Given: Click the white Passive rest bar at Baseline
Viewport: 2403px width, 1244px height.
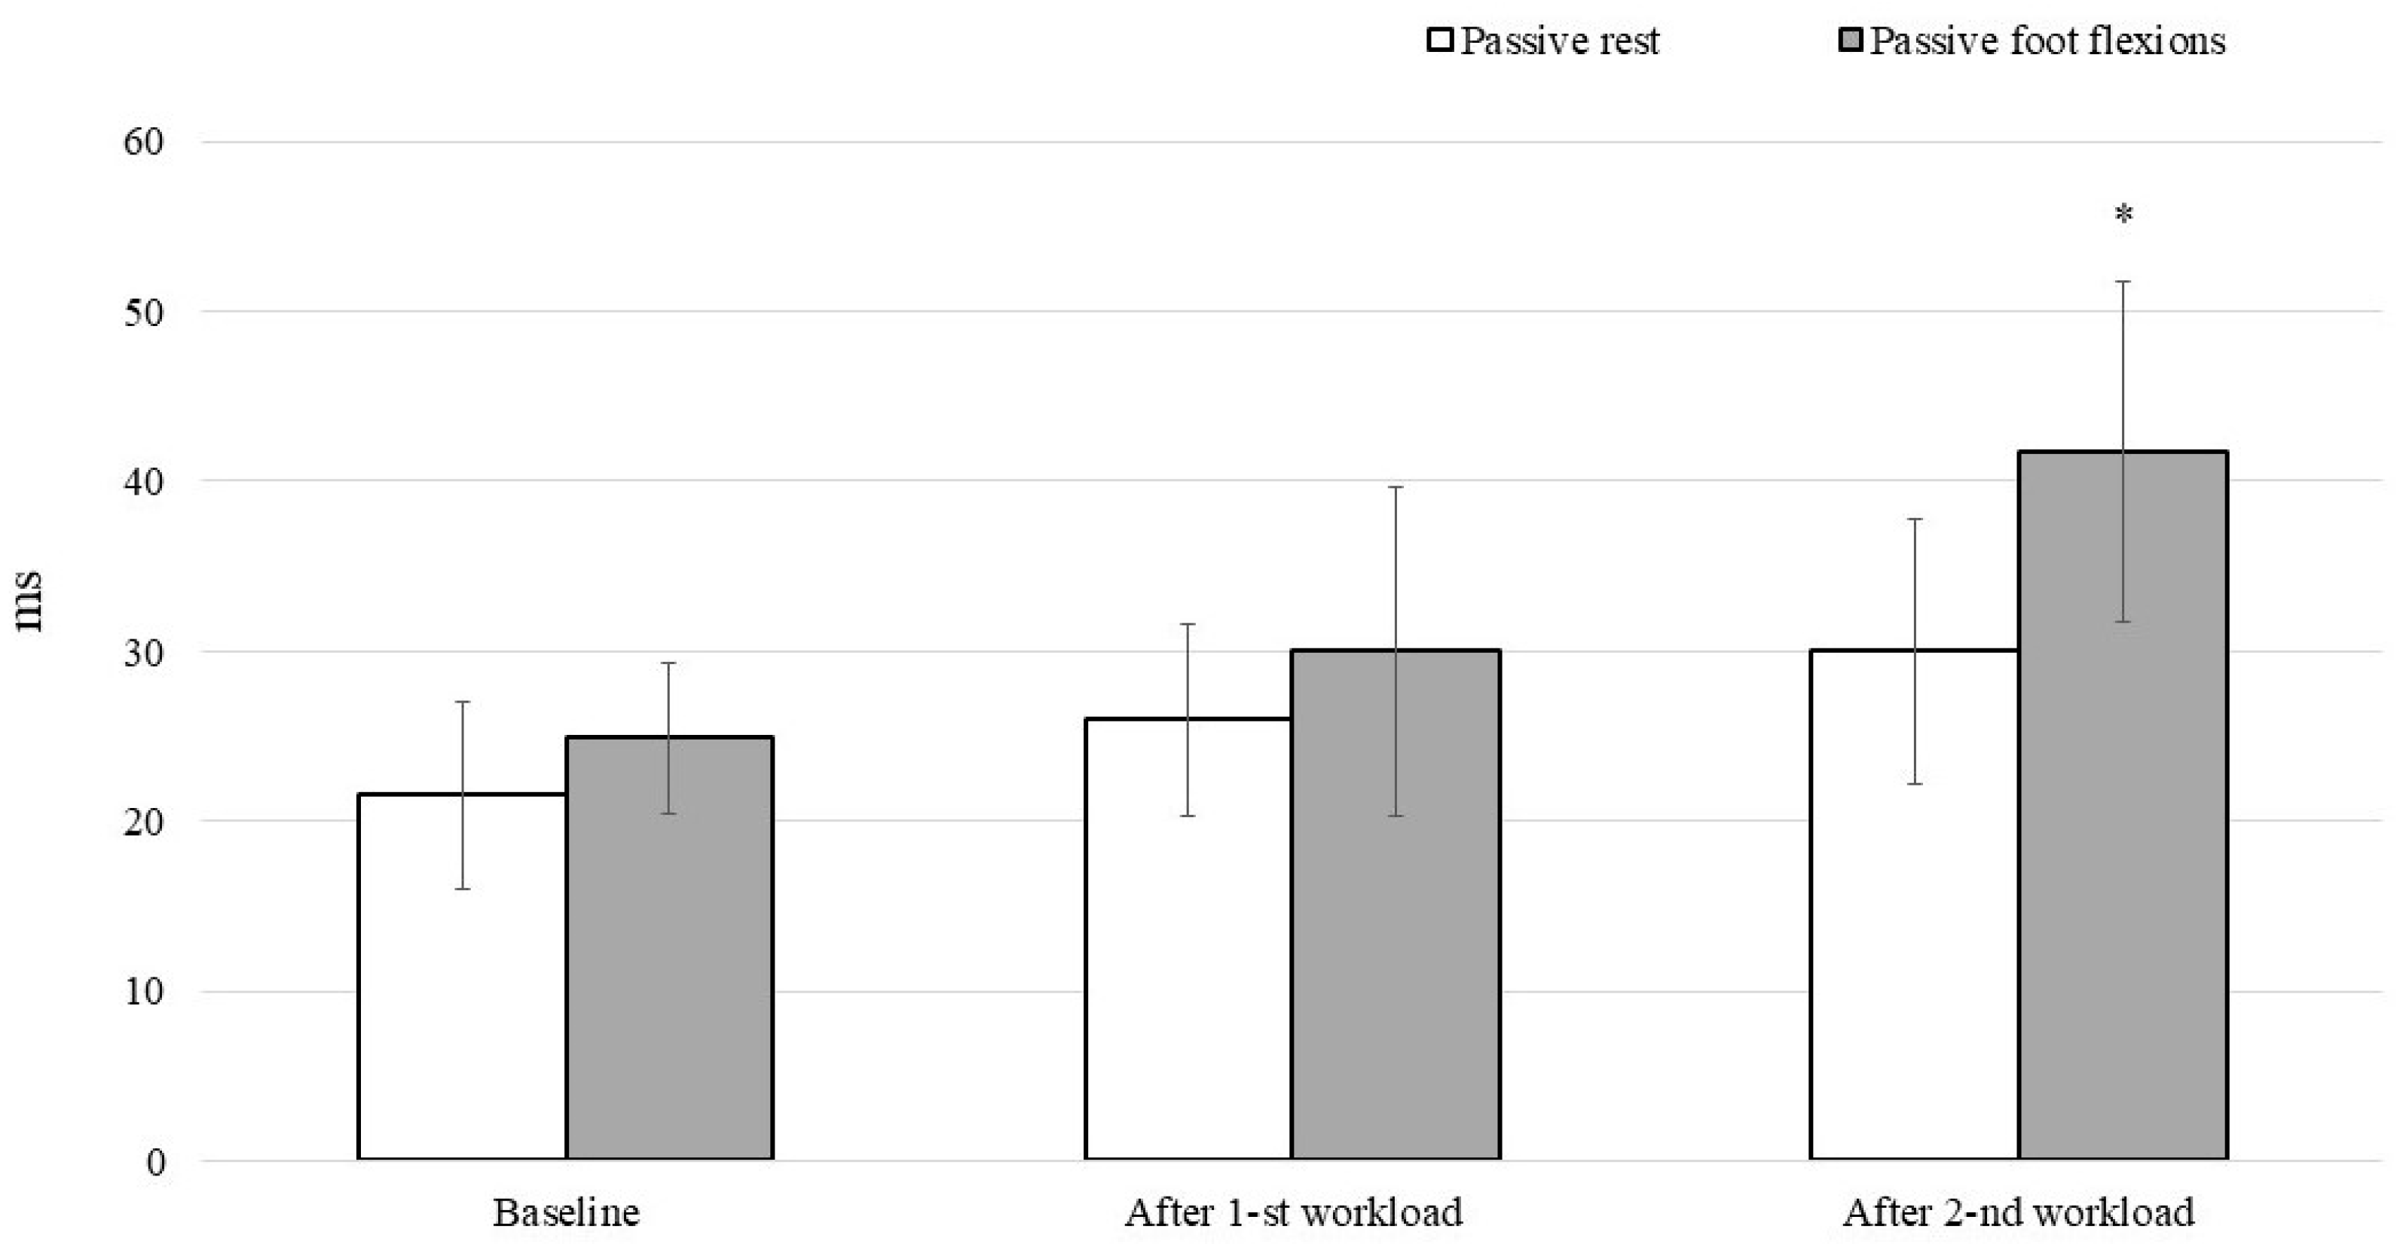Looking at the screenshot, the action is pos(462,977).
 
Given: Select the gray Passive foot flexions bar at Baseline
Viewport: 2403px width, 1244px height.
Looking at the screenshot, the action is pos(670,948).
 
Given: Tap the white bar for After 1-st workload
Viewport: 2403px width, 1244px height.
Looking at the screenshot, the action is pos(1188,939).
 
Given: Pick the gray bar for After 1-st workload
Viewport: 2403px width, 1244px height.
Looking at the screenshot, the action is pos(1396,904).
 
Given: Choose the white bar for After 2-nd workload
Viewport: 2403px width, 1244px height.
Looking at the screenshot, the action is pos(1914,904).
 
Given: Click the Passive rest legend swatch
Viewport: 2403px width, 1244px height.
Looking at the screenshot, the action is pos(1440,41).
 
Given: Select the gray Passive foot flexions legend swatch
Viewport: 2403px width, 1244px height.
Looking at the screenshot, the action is pos(1851,41).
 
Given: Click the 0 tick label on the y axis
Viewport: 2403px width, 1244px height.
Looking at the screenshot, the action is pos(155,1162).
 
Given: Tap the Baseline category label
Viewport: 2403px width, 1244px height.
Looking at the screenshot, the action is pos(566,1212).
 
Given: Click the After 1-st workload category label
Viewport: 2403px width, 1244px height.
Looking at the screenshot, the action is pos(1293,1212).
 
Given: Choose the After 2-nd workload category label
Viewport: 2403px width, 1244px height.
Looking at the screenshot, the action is pos(2019,1212).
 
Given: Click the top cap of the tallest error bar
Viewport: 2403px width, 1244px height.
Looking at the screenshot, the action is pos(2124,281).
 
